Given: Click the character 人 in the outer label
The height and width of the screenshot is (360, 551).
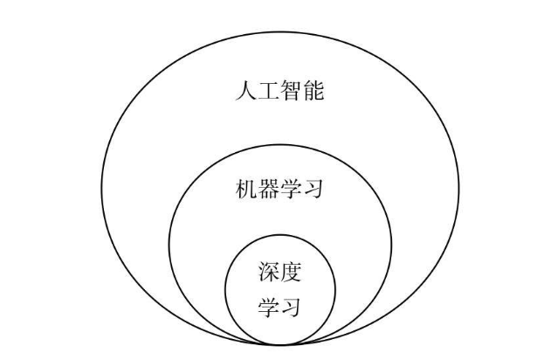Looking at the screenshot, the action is tap(246, 90).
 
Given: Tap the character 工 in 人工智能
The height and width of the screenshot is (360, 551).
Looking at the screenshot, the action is tap(268, 90).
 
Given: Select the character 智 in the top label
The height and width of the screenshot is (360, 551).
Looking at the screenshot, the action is tap(291, 90).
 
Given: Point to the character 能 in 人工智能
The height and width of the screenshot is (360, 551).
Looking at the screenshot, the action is tap(313, 90).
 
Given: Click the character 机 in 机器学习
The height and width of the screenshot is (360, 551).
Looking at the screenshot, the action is tap(246, 189).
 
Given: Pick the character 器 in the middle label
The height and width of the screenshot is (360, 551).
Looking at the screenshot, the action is tap(268, 189).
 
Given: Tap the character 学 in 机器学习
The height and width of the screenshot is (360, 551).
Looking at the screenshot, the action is tap(291, 189).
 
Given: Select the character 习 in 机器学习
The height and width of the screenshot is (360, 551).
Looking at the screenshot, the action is tap(313, 189).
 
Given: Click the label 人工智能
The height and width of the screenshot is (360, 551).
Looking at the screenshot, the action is tap(279, 90).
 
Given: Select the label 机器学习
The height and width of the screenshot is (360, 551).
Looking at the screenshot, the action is tap(279, 189).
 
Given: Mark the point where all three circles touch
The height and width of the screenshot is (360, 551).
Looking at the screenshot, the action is tap(279, 343).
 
